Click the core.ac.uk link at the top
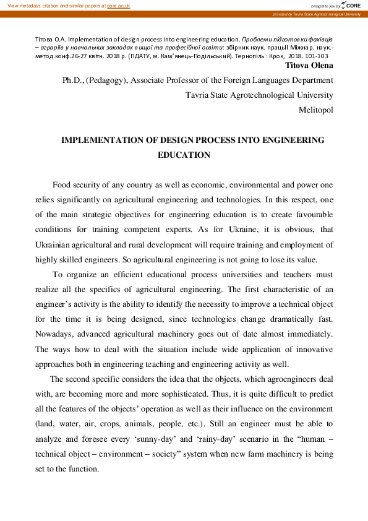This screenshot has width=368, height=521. click(118, 5)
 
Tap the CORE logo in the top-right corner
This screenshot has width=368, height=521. click(351, 5)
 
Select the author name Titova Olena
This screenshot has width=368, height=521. click(309, 65)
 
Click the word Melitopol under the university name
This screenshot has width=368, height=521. click(315, 110)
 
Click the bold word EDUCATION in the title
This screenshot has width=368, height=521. click(184, 155)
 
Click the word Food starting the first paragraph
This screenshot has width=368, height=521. click(62, 185)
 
